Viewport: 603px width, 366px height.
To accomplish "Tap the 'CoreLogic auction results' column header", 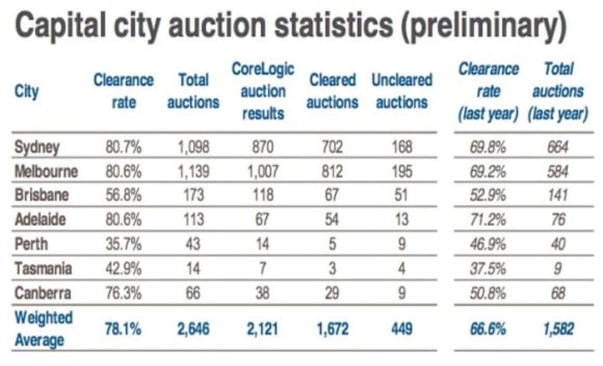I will coord(263,91).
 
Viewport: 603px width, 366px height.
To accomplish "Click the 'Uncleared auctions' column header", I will coord(401,91).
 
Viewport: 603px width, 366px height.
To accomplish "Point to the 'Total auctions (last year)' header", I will coord(558,91).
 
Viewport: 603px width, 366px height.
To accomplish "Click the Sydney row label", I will coord(36,147).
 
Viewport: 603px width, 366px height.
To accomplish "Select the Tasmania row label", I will coord(43,269).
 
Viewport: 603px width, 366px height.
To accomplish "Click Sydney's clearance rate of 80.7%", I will coord(123,147).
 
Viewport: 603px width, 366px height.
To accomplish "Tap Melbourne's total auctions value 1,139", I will coord(193,172).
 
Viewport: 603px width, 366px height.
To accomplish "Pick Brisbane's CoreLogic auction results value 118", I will coord(263,196).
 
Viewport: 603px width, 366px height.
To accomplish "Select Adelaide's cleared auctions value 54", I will coord(332,220).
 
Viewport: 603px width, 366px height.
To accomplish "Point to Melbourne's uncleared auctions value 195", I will coord(401,172).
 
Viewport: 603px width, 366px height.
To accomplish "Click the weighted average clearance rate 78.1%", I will coord(123,329).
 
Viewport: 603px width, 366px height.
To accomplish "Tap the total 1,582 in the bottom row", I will coord(557,329).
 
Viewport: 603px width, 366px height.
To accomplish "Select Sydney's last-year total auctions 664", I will coord(557,147).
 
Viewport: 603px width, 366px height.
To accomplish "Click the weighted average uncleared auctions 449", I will coord(401,329).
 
